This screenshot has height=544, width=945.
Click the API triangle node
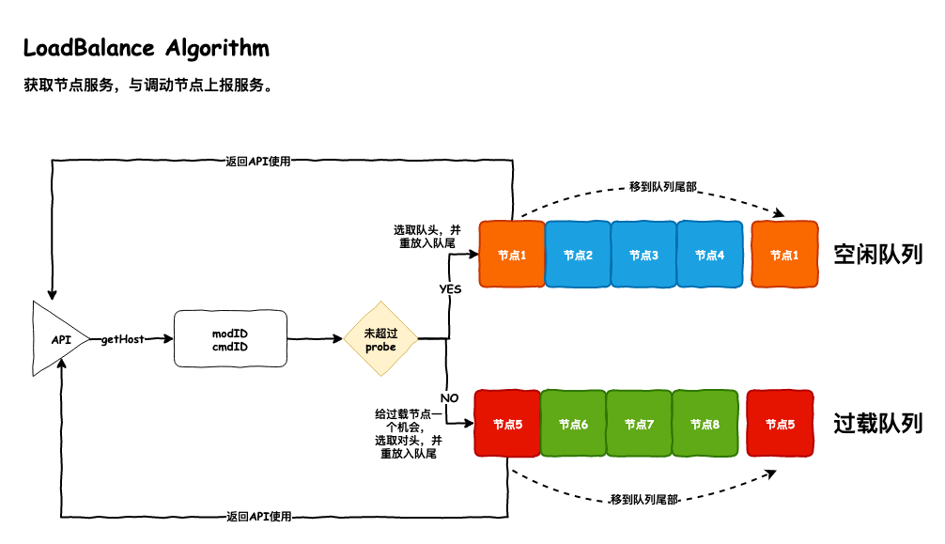tap(57, 338)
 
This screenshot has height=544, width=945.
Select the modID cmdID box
tap(230, 339)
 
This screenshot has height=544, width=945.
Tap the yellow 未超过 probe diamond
tap(380, 339)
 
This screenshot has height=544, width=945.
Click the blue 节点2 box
tap(578, 254)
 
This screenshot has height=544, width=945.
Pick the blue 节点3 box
tap(643, 254)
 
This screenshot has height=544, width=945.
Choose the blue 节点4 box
tap(709, 254)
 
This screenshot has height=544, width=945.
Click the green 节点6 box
tap(573, 424)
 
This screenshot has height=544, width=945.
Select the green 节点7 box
tap(639, 424)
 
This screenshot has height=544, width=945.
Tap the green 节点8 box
tap(705, 424)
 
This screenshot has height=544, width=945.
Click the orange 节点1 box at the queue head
tap(511, 254)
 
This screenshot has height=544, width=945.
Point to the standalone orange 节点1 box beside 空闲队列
tap(784, 254)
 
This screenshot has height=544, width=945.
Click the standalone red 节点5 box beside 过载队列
tap(780, 424)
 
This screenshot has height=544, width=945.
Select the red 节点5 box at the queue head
tap(507, 424)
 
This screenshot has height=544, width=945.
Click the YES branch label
tap(451, 289)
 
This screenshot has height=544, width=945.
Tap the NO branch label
tap(449, 397)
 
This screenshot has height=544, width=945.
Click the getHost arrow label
tap(123, 339)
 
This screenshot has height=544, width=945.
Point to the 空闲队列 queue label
tap(878, 254)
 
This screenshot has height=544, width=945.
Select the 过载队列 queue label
tap(878, 423)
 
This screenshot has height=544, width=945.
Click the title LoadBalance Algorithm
tap(146, 48)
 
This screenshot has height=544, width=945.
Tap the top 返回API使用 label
tap(258, 161)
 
